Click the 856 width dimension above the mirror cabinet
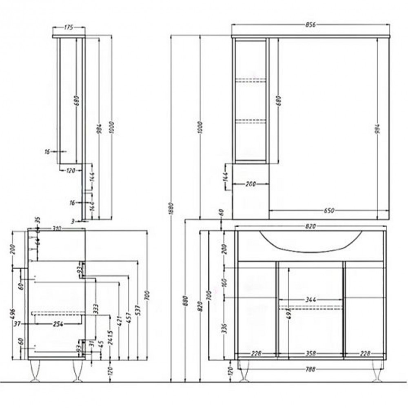[311, 24]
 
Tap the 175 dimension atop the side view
[69, 28]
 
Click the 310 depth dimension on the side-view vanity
[57, 229]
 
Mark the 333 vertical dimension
[95, 309]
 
